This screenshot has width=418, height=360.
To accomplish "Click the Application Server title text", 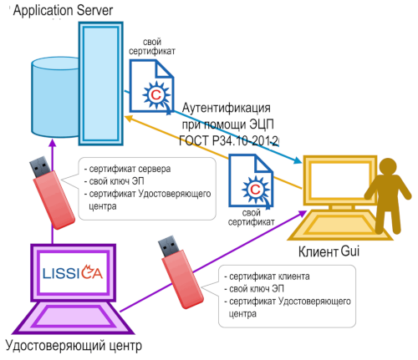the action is click(63, 11).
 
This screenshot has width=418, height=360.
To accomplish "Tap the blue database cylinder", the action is click(55, 98).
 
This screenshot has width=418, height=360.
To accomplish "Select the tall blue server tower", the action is click(101, 84).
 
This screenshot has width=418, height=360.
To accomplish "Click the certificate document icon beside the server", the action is click(151, 87).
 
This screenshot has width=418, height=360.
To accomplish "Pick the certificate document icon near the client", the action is click(251, 181).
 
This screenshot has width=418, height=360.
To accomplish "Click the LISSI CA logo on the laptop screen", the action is click(73, 272).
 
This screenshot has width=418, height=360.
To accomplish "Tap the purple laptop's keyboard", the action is click(74, 317).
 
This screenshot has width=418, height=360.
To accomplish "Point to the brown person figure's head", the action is click(388, 167).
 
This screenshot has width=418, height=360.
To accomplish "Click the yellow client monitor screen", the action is click(340, 180).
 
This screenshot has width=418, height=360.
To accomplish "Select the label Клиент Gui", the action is click(329, 251).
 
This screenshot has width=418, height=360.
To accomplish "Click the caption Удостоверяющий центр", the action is click(74, 346).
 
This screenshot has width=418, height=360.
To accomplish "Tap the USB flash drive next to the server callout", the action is click(52, 192).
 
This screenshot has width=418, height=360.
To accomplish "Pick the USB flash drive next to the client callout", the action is click(181, 272).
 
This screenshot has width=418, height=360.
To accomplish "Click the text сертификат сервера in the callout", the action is click(130, 169).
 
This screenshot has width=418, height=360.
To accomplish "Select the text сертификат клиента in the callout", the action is click(269, 276).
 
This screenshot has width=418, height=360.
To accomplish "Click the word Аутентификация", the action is click(226, 108).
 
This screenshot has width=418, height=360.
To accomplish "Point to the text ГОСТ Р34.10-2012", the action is click(228, 140).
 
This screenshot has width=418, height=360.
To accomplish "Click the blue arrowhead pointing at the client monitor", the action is click(297, 160).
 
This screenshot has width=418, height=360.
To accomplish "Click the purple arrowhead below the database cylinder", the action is click(53, 143).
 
